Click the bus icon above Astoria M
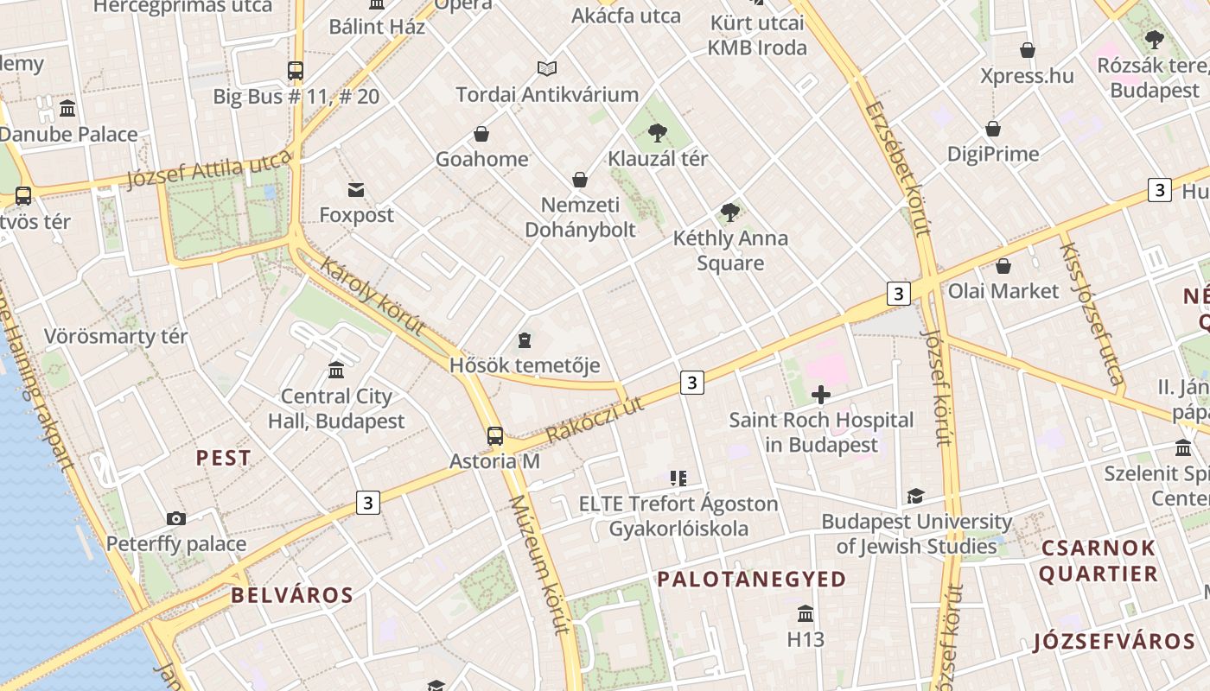495,436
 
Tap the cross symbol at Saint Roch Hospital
821,396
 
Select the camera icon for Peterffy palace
176,518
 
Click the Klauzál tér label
658,159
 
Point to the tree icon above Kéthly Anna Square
730,212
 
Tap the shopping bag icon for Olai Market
1003,266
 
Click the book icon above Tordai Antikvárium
547,68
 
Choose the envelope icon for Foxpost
356,190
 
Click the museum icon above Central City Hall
336,371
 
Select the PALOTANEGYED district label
751,579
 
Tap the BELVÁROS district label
292,595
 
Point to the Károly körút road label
373,296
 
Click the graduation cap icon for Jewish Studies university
915,496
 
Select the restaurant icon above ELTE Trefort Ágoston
678,478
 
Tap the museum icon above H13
806,614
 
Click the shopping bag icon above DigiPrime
993,129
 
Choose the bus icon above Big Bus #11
296,71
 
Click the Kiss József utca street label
1092,313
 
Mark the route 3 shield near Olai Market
899,294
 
